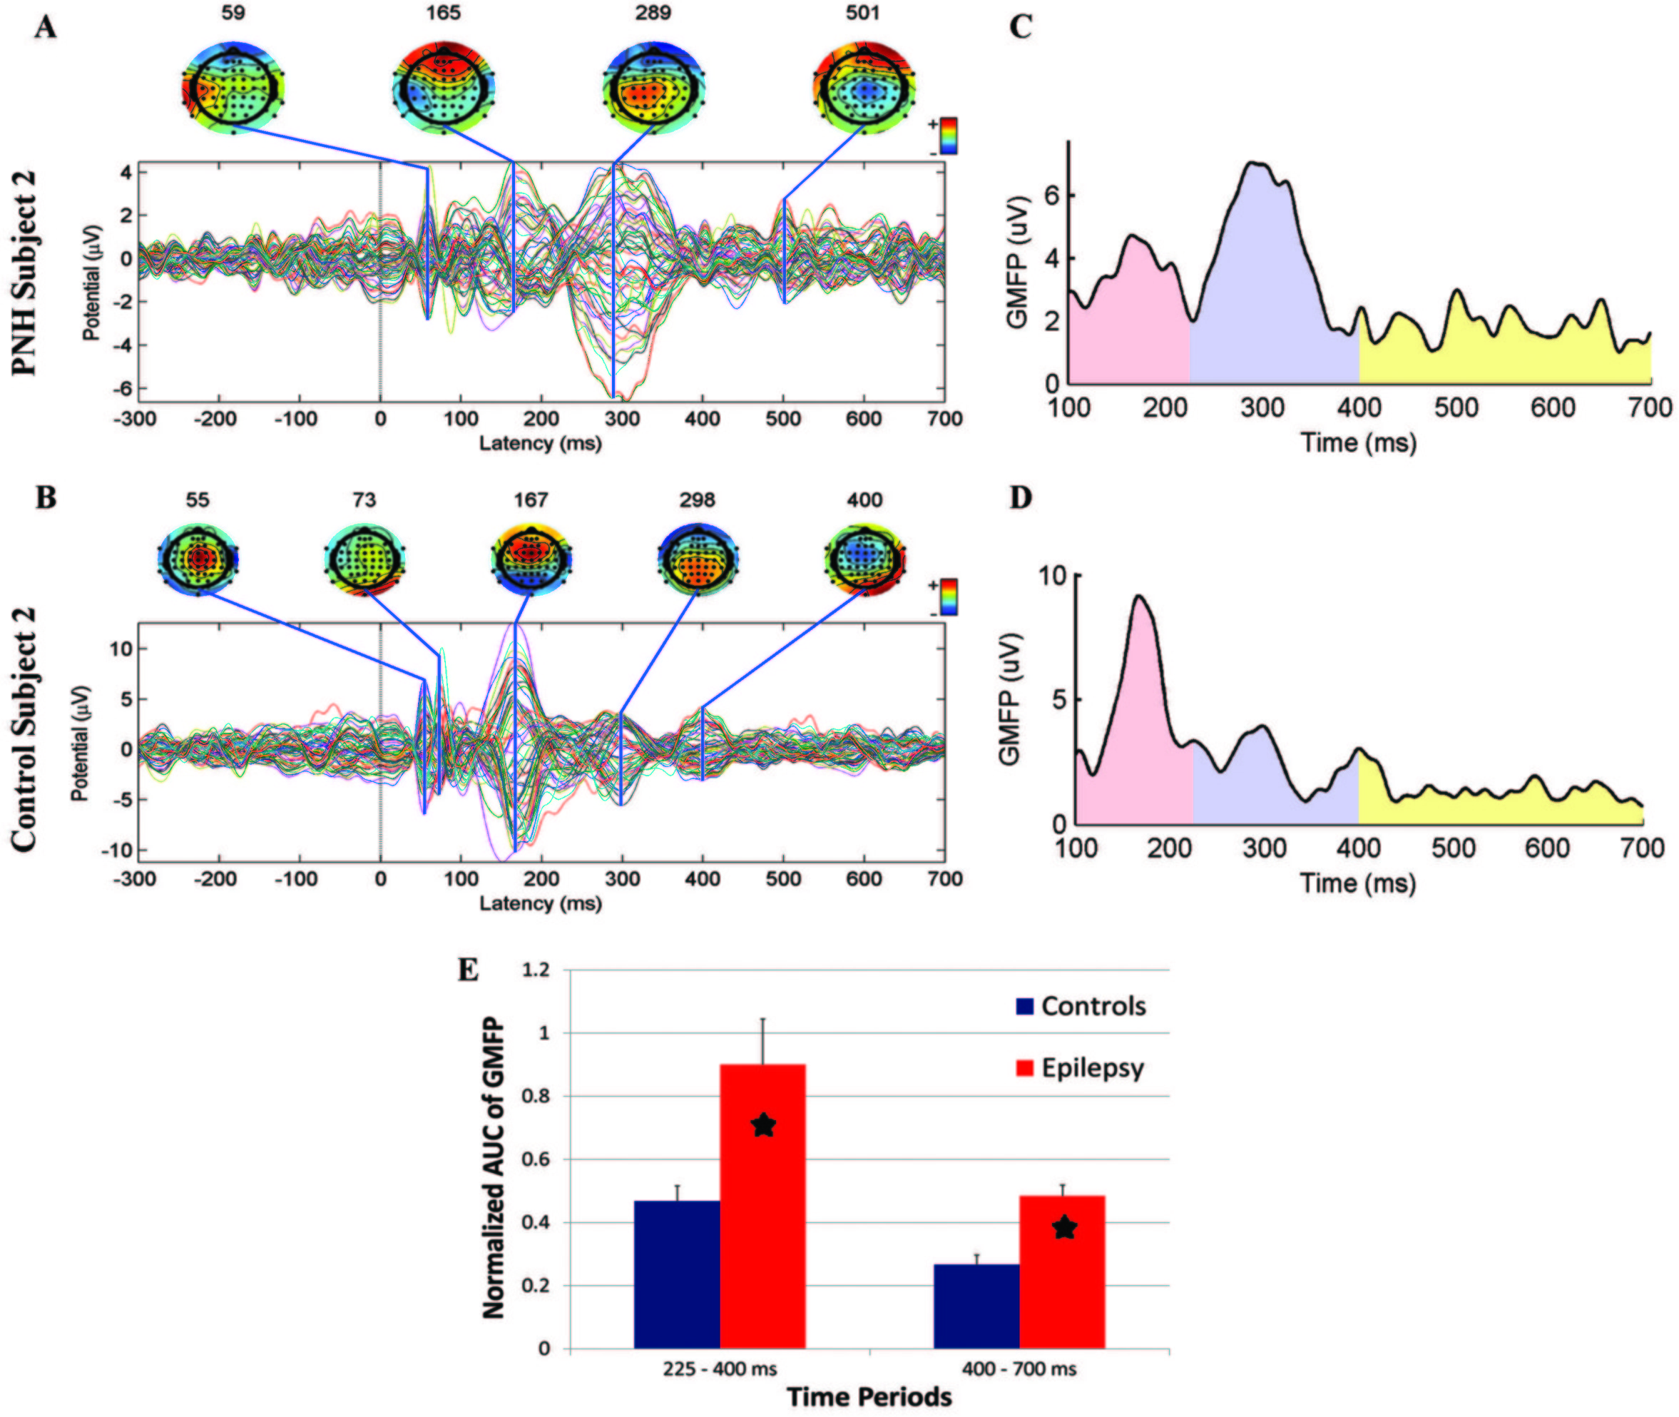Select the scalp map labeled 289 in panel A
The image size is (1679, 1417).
click(x=653, y=88)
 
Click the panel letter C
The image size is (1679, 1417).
click(x=1020, y=27)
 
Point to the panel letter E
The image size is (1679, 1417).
click(x=468, y=970)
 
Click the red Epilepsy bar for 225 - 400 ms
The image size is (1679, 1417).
click(x=762, y=1205)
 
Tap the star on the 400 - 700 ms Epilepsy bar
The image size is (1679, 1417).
click(x=1064, y=1227)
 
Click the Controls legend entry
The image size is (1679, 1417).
click(x=1081, y=1007)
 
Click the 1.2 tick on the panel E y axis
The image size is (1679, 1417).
click(x=536, y=970)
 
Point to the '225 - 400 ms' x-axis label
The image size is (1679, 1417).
click(x=720, y=1368)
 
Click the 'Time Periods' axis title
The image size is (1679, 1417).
click(x=869, y=1398)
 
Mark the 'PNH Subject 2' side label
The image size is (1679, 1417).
click(x=26, y=273)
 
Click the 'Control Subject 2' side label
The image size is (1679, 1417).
click(x=26, y=728)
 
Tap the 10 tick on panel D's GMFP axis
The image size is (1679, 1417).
click(x=1052, y=575)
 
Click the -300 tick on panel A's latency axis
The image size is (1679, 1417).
click(x=135, y=419)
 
